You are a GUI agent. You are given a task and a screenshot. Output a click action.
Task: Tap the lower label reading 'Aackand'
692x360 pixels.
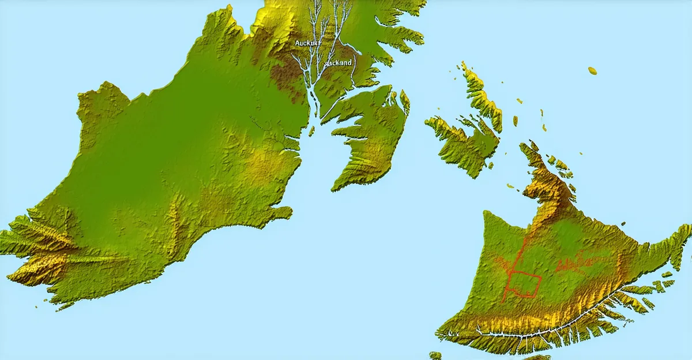[338, 62]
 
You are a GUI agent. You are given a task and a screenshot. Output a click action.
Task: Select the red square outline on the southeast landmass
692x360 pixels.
[524, 284]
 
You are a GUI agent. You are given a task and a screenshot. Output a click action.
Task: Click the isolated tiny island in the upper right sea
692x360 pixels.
[592, 70]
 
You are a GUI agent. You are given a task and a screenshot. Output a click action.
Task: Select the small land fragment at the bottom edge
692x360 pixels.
[435, 355]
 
